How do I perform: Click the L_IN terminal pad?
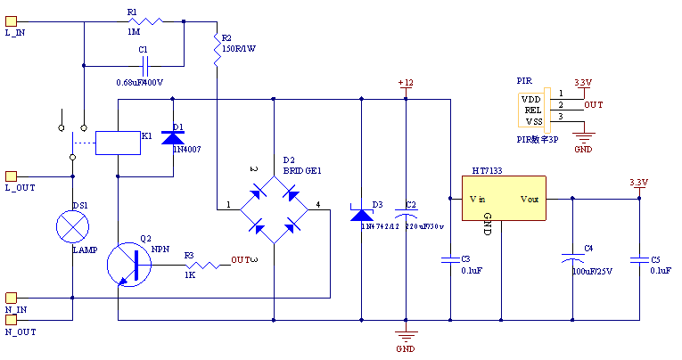click(x=11, y=21)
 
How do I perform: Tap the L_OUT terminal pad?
click(x=11, y=176)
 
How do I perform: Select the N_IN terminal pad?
click(x=11, y=298)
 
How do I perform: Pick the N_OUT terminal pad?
click(x=11, y=319)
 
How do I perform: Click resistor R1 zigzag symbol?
click(x=147, y=20)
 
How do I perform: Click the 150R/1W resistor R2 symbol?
click(x=216, y=52)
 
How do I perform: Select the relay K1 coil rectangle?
click(x=117, y=143)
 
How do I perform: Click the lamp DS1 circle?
click(x=72, y=226)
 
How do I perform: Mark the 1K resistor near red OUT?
click(x=201, y=265)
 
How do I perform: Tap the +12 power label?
click(x=406, y=83)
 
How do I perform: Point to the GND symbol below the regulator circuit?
click(x=406, y=337)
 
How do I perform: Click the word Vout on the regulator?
click(x=530, y=200)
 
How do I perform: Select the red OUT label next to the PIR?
click(x=593, y=104)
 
